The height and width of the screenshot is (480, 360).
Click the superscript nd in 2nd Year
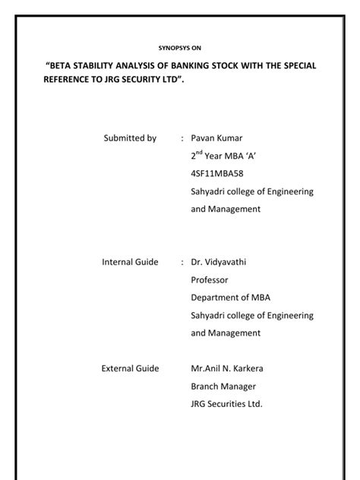[201, 153]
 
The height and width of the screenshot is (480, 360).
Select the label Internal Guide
[130, 262]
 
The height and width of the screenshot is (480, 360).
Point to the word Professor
[210, 279]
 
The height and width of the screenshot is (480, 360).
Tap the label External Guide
[130, 368]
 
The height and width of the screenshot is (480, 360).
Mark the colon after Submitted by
[182, 139]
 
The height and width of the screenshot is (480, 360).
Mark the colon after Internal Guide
[182, 263]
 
